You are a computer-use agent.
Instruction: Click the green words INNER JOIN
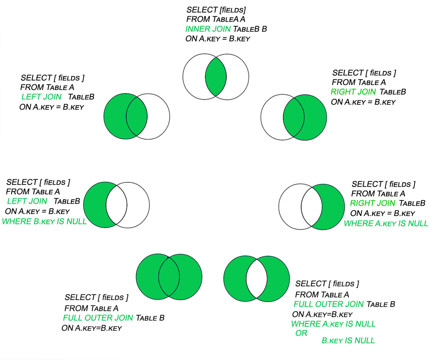click(x=208, y=29)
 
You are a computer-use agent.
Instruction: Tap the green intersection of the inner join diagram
click(x=216, y=77)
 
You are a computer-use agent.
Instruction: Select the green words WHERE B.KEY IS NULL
click(x=44, y=221)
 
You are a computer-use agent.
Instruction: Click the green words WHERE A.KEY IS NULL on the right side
click(x=386, y=223)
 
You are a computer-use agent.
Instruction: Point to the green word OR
click(x=301, y=333)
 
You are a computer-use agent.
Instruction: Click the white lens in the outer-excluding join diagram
click(x=257, y=278)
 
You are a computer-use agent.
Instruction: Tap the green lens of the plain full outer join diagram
click(x=169, y=277)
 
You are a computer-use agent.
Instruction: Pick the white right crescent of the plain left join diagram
click(x=159, y=116)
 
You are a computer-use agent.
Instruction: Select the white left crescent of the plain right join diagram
click(x=271, y=117)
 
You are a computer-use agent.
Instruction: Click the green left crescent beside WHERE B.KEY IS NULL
click(x=94, y=205)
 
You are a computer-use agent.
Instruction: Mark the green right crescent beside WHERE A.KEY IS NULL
click(x=333, y=207)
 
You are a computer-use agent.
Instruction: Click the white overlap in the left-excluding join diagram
click(x=116, y=205)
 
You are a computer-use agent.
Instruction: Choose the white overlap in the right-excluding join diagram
click(x=312, y=207)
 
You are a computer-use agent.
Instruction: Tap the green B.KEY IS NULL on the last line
click(x=348, y=341)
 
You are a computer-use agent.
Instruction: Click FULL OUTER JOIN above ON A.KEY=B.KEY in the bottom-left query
click(x=98, y=318)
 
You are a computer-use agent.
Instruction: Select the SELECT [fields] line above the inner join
click(x=216, y=10)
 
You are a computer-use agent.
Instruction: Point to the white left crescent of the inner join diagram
click(x=193, y=77)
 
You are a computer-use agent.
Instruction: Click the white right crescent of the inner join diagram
click(x=238, y=77)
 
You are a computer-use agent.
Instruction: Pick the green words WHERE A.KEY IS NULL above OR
click(x=333, y=324)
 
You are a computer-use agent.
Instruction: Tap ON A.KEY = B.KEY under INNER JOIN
click(x=218, y=39)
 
